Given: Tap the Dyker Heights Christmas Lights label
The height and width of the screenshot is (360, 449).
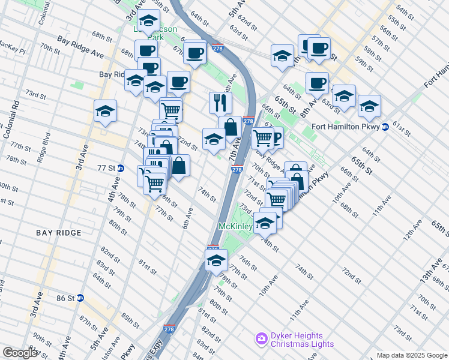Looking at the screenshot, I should pos(297,340).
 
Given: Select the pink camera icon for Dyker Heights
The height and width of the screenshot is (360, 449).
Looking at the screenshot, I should pos(261,340).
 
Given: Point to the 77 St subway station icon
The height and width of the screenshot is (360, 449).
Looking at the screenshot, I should pos(120,169).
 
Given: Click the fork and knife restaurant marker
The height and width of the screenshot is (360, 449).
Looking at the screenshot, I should pos(220,103).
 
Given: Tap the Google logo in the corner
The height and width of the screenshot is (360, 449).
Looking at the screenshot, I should pos(20,353).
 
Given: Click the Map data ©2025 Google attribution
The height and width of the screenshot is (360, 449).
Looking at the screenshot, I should pos(412,355).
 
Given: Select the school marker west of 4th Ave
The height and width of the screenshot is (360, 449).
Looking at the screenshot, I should pos(105,111).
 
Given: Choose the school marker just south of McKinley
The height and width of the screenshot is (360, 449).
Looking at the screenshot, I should pos(216,260).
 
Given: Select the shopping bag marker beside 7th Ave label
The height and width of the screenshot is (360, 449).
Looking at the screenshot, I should pos(230,127).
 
